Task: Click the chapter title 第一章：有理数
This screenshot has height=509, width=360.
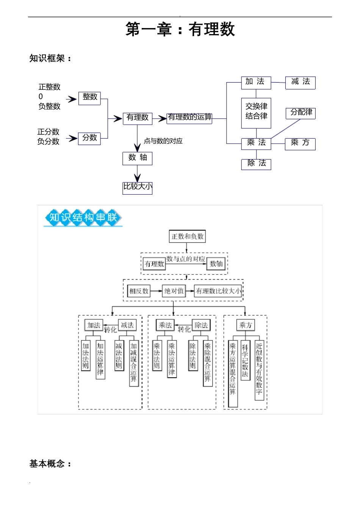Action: [180, 29]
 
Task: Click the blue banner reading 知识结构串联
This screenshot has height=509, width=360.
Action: [83, 217]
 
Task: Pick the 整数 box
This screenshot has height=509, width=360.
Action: [90, 97]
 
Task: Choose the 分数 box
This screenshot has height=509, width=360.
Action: [90, 138]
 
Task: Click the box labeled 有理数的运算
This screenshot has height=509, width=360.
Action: [189, 117]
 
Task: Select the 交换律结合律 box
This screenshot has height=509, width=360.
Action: [256, 112]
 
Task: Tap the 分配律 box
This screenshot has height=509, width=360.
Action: [301, 112]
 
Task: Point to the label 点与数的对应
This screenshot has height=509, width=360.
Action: [163, 141]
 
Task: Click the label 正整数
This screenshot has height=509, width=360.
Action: [49, 87]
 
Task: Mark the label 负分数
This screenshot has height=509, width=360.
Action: [48, 142]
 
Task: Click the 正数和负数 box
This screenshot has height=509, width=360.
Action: [187, 236]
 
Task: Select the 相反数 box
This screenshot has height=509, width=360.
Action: [139, 291]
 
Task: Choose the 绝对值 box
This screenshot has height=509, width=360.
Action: [174, 291]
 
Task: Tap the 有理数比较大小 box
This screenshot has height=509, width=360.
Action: [218, 291]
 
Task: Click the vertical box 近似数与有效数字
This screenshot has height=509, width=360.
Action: [259, 368]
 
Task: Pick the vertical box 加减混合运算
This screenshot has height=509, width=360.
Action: [133, 362]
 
